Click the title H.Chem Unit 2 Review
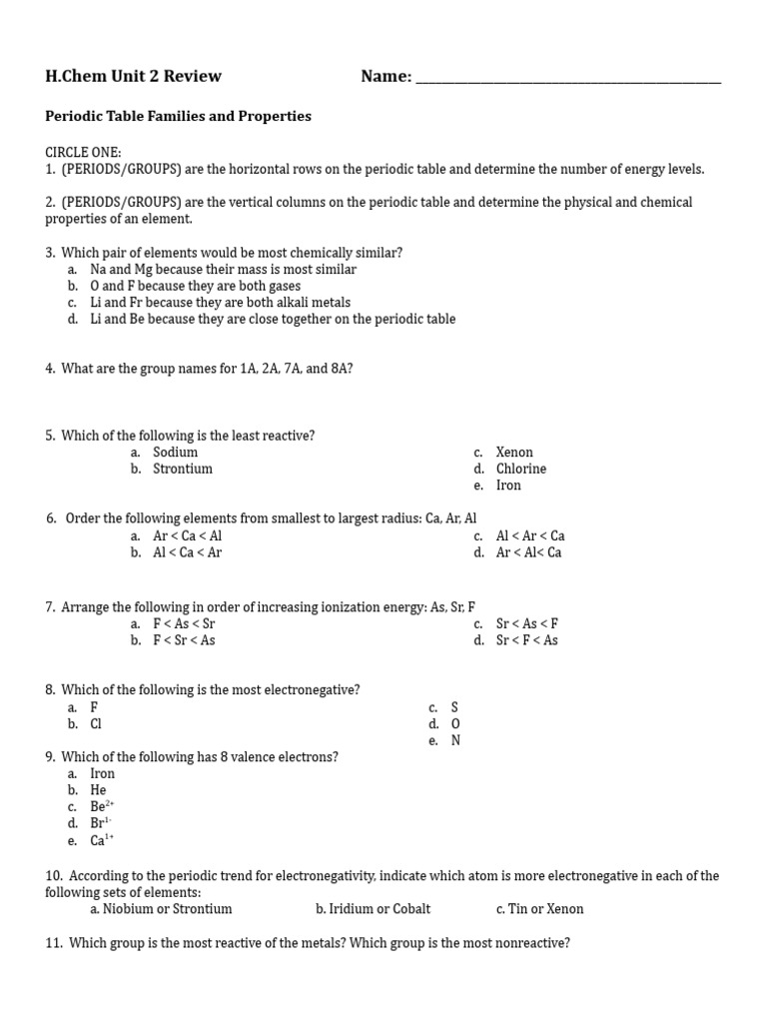pyautogui.click(x=133, y=76)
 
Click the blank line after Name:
pyautogui.click(x=567, y=78)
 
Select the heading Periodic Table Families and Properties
pyautogui.click(x=178, y=116)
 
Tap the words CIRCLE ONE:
pyautogui.click(x=83, y=152)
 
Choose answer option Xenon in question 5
pyautogui.click(x=514, y=453)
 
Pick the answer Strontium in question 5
pyautogui.click(x=182, y=469)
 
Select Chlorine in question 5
pyautogui.click(x=520, y=469)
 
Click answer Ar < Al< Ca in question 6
pyautogui.click(x=528, y=552)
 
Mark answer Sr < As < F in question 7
pyautogui.click(x=526, y=623)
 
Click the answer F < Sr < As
pyautogui.click(x=184, y=640)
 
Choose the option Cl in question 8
pyautogui.click(x=96, y=723)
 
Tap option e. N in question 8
pyautogui.click(x=454, y=740)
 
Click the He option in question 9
pyautogui.click(x=98, y=790)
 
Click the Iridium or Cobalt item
pyautogui.click(x=373, y=909)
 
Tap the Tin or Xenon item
pyautogui.click(x=539, y=909)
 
